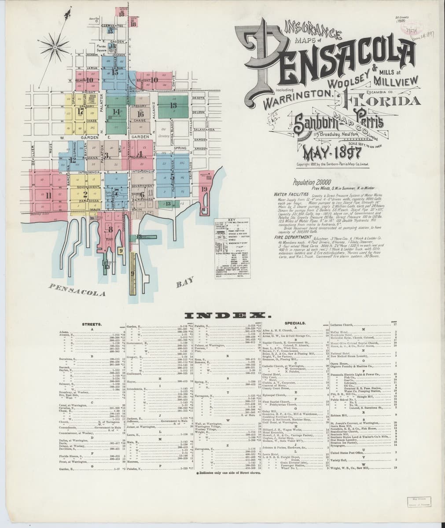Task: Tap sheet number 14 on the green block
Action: tap(116, 112)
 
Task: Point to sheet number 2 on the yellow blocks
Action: tap(85, 194)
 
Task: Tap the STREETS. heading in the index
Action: tap(92, 324)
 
